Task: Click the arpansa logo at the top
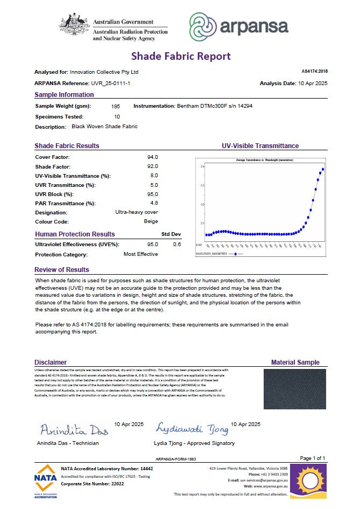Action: point(238,26)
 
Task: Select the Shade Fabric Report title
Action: point(181,56)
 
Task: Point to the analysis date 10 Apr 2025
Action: point(309,83)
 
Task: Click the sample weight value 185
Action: point(116,107)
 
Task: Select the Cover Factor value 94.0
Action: point(152,157)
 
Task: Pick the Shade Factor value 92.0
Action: point(152,166)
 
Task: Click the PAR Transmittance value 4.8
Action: point(153,203)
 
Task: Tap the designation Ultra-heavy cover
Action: point(137,212)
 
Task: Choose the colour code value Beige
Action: point(151,221)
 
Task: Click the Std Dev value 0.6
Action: point(177,244)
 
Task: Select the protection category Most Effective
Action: point(140,254)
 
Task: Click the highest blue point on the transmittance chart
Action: point(323,169)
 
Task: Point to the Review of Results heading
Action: point(62,270)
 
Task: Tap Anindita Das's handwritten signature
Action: point(74,430)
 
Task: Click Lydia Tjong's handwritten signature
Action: point(192,428)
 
